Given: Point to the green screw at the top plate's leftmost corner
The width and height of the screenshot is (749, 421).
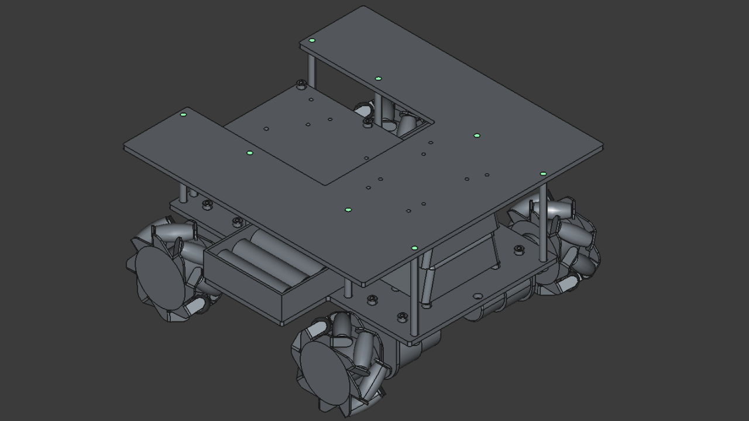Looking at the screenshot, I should click(183, 115).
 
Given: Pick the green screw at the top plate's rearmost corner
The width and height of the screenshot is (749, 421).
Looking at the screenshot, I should click(312, 40).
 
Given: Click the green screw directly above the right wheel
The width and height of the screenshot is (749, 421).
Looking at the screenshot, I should click(543, 174).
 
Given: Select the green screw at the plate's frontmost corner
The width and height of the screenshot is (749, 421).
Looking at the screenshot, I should click(414, 248).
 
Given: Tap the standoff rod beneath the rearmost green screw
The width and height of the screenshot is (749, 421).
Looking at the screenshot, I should click(312, 64).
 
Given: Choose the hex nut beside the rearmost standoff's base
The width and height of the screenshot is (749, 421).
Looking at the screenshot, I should click(301, 84).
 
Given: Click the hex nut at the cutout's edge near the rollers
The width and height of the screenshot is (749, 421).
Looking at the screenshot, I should click(367, 122).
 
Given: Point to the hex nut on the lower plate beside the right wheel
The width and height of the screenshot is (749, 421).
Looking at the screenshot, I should click(518, 249).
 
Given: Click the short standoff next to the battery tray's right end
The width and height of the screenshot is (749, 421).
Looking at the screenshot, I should click(349, 288).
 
